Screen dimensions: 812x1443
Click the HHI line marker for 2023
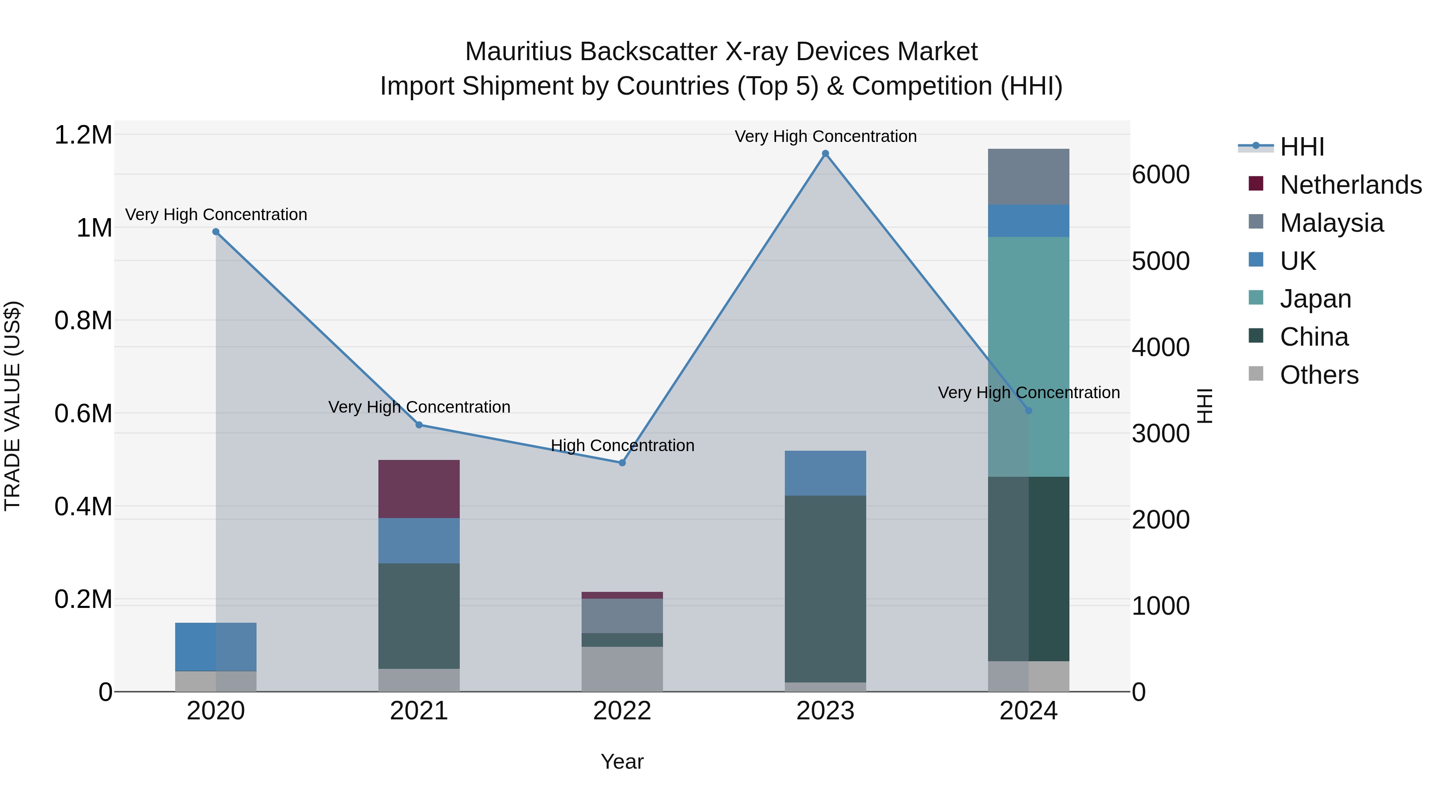coord(825,154)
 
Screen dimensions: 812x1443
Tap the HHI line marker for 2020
coord(216,231)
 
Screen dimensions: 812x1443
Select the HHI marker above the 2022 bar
coord(622,463)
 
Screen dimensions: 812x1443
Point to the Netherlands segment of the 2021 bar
coord(419,489)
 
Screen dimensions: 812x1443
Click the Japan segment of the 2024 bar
coord(1029,356)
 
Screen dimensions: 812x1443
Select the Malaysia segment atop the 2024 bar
coord(1029,176)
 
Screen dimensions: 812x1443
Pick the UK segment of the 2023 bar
coord(825,473)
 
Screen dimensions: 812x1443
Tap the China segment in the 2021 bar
coord(419,616)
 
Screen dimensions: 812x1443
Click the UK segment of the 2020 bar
coord(216,647)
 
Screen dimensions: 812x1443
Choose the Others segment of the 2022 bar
coord(622,669)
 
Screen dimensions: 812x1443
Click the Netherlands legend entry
coord(1350,185)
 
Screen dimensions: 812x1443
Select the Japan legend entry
coord(1315,299)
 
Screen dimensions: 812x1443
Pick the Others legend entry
coord(1319,375)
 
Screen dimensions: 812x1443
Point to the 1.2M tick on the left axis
coord(83,135)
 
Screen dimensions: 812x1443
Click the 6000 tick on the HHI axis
coord(1161,175)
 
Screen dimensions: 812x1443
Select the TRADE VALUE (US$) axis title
coord(12,406)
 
